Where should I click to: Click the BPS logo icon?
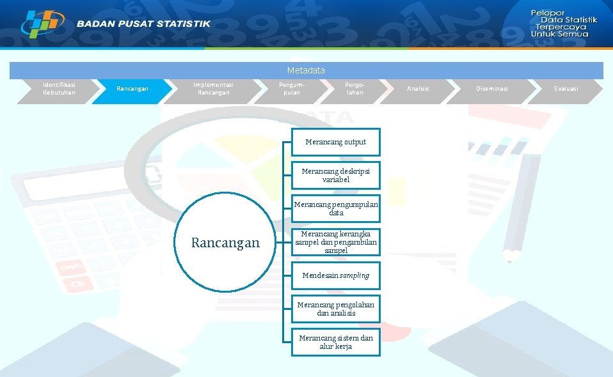pos(42,23)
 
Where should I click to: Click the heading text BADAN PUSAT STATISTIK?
pos(143,24)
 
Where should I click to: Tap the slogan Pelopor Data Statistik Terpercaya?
pos(562,23)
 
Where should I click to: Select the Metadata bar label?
pos(306,70)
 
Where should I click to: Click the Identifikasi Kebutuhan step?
pos(58,89)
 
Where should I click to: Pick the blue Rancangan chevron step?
pos(132,89)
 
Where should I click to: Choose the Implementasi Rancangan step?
pos(213,89)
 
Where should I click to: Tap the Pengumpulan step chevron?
pos(291,89)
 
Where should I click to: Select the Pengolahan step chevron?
pos(354,89)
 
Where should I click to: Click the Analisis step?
pos(418,89)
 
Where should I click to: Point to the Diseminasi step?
pos(491,89)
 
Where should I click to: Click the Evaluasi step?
pos(566,89)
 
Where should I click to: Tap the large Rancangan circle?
pos(225,243)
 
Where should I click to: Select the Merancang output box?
pos(335,142)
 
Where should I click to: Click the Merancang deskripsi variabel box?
pos(335,175)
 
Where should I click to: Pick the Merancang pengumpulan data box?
pos(335,208)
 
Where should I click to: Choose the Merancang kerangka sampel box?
pos(335,242)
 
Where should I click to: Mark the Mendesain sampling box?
pos(335,275)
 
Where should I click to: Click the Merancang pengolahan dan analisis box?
pos(335,309)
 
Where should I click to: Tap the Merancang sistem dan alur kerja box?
pos(335,342)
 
